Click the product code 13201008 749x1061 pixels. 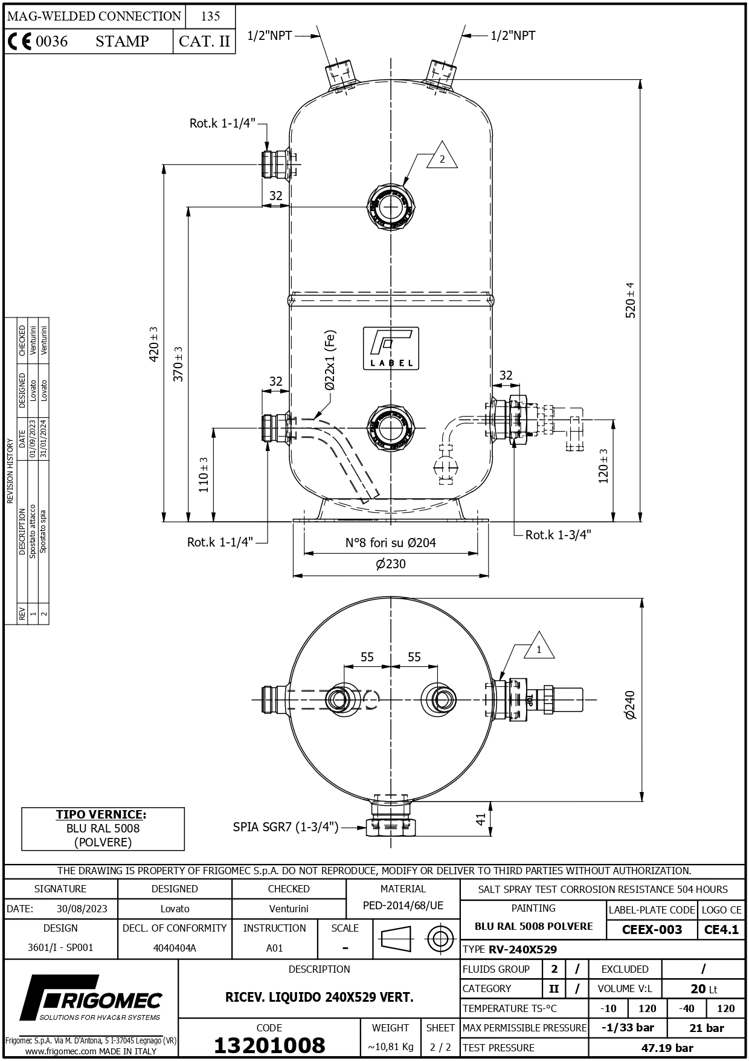269,1045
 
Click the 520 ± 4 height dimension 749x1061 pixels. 630,300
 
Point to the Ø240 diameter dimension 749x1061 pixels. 630,705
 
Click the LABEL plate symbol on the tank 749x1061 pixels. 391,348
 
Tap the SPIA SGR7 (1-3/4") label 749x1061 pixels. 286,827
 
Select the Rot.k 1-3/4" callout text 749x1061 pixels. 558,534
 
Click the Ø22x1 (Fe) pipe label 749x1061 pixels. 329,360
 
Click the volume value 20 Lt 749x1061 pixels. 704,989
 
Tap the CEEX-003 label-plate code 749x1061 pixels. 652,930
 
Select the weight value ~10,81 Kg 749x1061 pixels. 390,1047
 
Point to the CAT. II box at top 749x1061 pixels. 204,41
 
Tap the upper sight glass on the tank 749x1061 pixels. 391,207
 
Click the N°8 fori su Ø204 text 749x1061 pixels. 390,542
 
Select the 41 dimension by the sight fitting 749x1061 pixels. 481,819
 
